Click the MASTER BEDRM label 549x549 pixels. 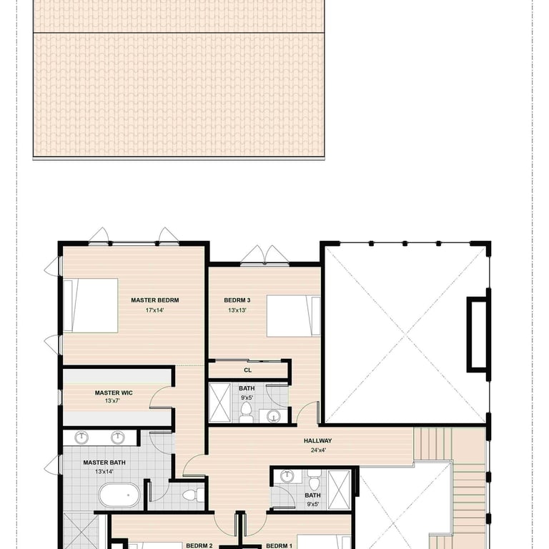[x=154, y=300]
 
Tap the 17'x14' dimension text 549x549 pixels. [x=154, y=310]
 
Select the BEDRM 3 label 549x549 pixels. [x=237, y=300]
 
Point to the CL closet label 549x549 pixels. [x=247, y=370]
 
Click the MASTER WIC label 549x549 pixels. [x=114, y=393]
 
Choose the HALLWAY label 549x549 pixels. [x=317, y=441]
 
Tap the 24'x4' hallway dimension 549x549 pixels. [x=318, y=450]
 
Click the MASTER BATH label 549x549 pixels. [x=104, y=463]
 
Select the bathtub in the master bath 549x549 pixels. [x=119, y=495]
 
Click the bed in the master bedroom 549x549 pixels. [x=90, y=305]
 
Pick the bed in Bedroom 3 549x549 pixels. [x=293, y=316]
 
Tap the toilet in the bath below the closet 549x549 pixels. [x=246, y=412]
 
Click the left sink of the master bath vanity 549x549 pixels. [x=81, y=437]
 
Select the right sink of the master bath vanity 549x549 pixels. [x=118, y=437]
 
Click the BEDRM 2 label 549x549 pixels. [x=199, y=545]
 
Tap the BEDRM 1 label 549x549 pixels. [x=279, y=545]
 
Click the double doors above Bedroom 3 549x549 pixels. [x=265, y=255]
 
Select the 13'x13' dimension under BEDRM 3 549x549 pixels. [x=237, y=310]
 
